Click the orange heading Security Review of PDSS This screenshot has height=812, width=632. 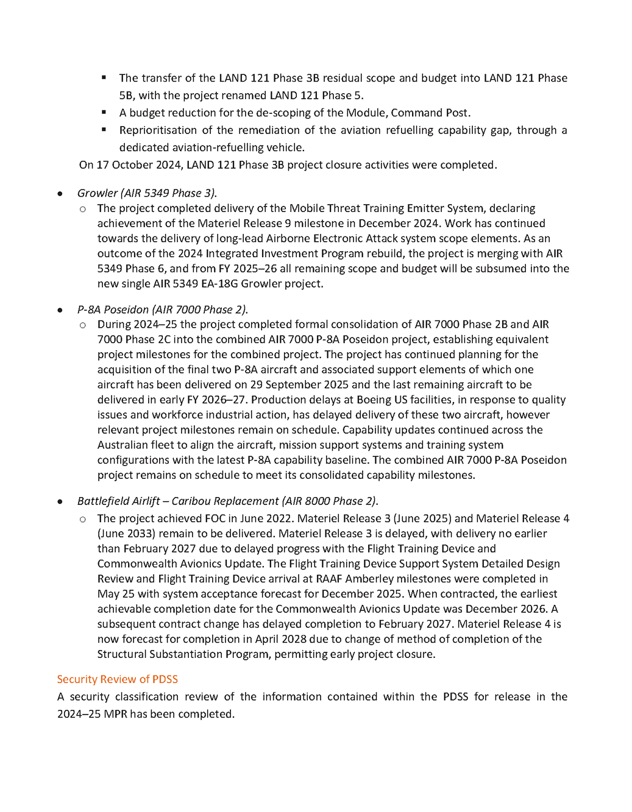117,679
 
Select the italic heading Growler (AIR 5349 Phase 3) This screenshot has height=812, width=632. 147,193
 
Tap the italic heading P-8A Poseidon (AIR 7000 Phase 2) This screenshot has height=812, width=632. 162,309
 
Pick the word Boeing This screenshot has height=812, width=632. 320,400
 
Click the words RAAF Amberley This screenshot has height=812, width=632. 350,579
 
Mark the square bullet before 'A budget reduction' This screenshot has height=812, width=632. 104,112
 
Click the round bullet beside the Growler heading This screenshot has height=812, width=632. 60,194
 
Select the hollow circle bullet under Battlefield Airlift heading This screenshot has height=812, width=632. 83,519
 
